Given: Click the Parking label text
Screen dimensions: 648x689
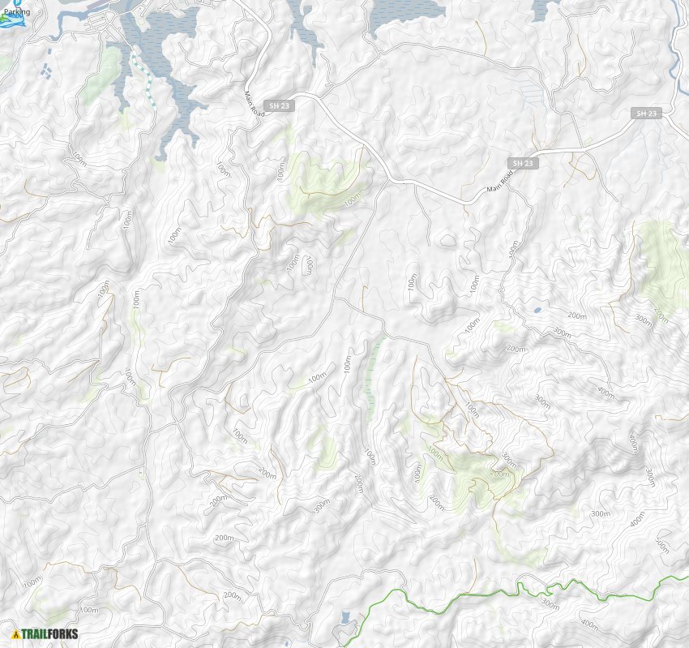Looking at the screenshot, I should point(16,12).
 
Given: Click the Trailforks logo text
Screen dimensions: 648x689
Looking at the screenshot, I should point(50,634).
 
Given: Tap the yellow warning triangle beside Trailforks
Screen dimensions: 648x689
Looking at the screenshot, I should point(15,634).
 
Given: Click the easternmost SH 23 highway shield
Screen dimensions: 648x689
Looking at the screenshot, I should point(648,114).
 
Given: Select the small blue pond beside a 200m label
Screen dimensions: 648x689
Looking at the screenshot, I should point(536,310).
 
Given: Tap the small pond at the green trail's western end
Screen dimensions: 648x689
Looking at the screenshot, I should point(346,618).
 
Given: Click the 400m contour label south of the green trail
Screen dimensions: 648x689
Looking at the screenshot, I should point(589,625).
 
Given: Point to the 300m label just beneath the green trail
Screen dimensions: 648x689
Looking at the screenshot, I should point(550,604).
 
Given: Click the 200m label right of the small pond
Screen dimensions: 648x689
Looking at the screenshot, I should point(576,315).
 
